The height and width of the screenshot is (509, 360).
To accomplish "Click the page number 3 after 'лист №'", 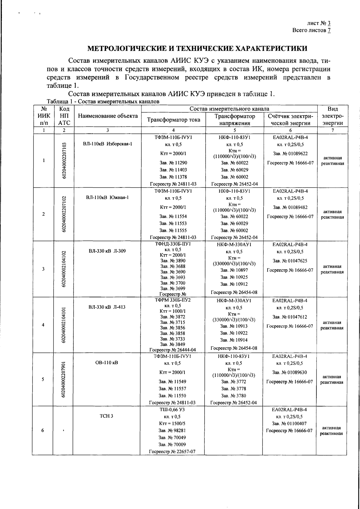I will pos(329,23).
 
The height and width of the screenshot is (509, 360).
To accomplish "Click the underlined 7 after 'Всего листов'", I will pos(329,30).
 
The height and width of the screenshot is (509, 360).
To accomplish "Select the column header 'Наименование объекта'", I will pos(108,116).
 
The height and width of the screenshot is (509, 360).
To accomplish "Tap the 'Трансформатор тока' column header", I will pos(173,120).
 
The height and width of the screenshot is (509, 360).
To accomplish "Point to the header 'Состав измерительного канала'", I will pos(229,109).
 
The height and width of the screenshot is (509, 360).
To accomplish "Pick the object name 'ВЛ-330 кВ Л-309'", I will pos(107,251).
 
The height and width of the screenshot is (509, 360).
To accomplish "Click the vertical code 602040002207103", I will pos(64,161).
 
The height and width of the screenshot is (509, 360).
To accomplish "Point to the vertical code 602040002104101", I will pos(64,325).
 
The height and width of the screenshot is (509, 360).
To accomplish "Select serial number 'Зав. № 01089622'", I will pos(290,153).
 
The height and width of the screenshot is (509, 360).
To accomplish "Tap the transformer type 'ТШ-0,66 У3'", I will pos(172,410).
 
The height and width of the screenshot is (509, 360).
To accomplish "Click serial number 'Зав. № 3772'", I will pos(234,381).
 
